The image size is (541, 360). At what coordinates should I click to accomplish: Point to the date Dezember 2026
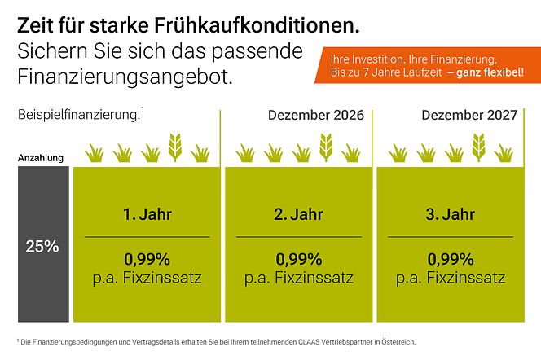point(316,115)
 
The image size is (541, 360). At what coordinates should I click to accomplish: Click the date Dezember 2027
point(469,115)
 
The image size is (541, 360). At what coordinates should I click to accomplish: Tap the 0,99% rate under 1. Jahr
point(147,260)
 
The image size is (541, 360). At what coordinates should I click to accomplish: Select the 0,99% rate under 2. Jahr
point(299,260)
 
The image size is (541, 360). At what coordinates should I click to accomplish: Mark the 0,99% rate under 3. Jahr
point(451,260)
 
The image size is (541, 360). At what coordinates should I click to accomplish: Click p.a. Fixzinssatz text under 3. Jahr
point(451,278)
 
